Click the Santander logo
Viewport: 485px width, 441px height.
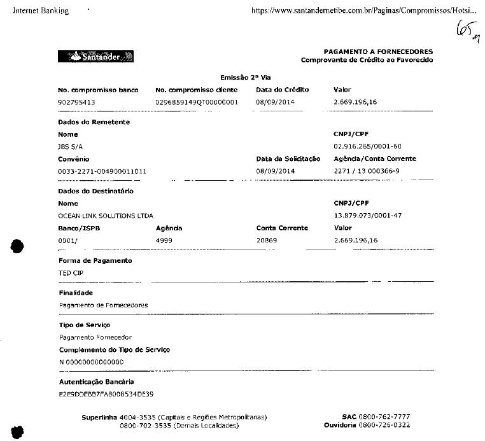point(95,57)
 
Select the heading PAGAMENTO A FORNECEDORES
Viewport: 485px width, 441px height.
point(378,52)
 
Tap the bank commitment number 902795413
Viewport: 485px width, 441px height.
point(77,102)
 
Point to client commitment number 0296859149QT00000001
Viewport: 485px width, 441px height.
point(197,102)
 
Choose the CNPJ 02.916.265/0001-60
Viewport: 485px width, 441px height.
point(367,146)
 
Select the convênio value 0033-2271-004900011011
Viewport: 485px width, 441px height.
point(102,171)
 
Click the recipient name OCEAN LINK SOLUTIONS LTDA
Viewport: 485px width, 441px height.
point(106,216)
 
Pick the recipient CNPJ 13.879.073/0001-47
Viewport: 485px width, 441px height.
point(367,216)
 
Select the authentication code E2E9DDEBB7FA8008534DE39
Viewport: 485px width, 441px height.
point(106,395)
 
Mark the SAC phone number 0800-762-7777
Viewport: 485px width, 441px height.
point(384,417)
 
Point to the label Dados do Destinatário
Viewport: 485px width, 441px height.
point(95,191)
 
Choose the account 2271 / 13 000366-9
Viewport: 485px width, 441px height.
point(367,171)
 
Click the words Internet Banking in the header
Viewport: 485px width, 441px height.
point(41,11)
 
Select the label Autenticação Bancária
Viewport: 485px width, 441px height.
point(96,382)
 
